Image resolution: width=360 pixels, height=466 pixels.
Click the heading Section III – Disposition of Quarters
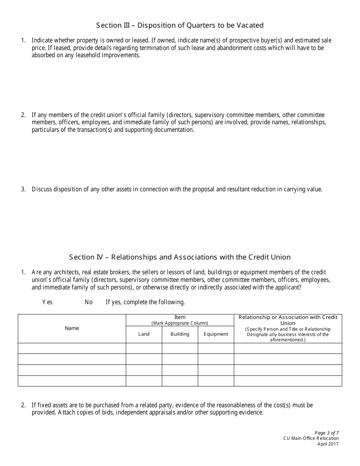pyautogui.click(x=180, y=25)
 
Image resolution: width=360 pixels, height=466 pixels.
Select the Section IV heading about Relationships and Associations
pyautogui.click(x=180, y=257)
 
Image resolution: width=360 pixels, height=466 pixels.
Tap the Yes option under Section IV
pyautogui.click(x=47, y=302)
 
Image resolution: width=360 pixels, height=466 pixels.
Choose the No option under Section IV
pyautogui.click(x=89, y=302)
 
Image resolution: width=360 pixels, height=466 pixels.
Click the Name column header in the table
pyautogui.click(x=72, y=328)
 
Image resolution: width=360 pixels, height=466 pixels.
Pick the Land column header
pyautogui.click(x=144, y=334)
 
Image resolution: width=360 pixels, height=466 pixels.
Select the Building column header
pyautogui.click(x=180, y=334)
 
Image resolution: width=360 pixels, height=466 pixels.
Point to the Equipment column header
pyautogui.click(x=216, y=334)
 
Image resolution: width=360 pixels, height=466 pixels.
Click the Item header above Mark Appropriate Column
pyautogui.click(x=180, y=317)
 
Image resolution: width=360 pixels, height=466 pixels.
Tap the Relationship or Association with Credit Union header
pyautogui.click(x=288, y=320)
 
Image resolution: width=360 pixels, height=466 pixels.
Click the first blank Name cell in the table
pyautogui.click(x=72, y=348)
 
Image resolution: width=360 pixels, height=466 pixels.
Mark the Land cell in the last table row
pyautogui.click(x=144, y=381)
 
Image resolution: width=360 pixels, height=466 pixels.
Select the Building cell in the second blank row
pyautogui.click(x=180, y=359)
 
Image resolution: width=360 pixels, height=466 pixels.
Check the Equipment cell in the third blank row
pyautogui.click(x=216, y=370)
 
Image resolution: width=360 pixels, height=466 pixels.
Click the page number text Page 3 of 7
pyautogui.click(x=327, y=433)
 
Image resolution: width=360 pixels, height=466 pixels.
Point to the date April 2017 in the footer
pyautogui.click(x=328, y=444)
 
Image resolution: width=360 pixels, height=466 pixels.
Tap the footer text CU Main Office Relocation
pyautogui.click(x=311, y=438)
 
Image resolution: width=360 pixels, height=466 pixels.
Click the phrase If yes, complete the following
pyautogui.click(x=145, y=302)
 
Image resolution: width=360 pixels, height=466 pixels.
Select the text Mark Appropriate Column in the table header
pyautogui.click(x=180, y=323)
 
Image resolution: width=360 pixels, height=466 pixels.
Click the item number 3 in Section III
pyautogui.click(x=23, y=189)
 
